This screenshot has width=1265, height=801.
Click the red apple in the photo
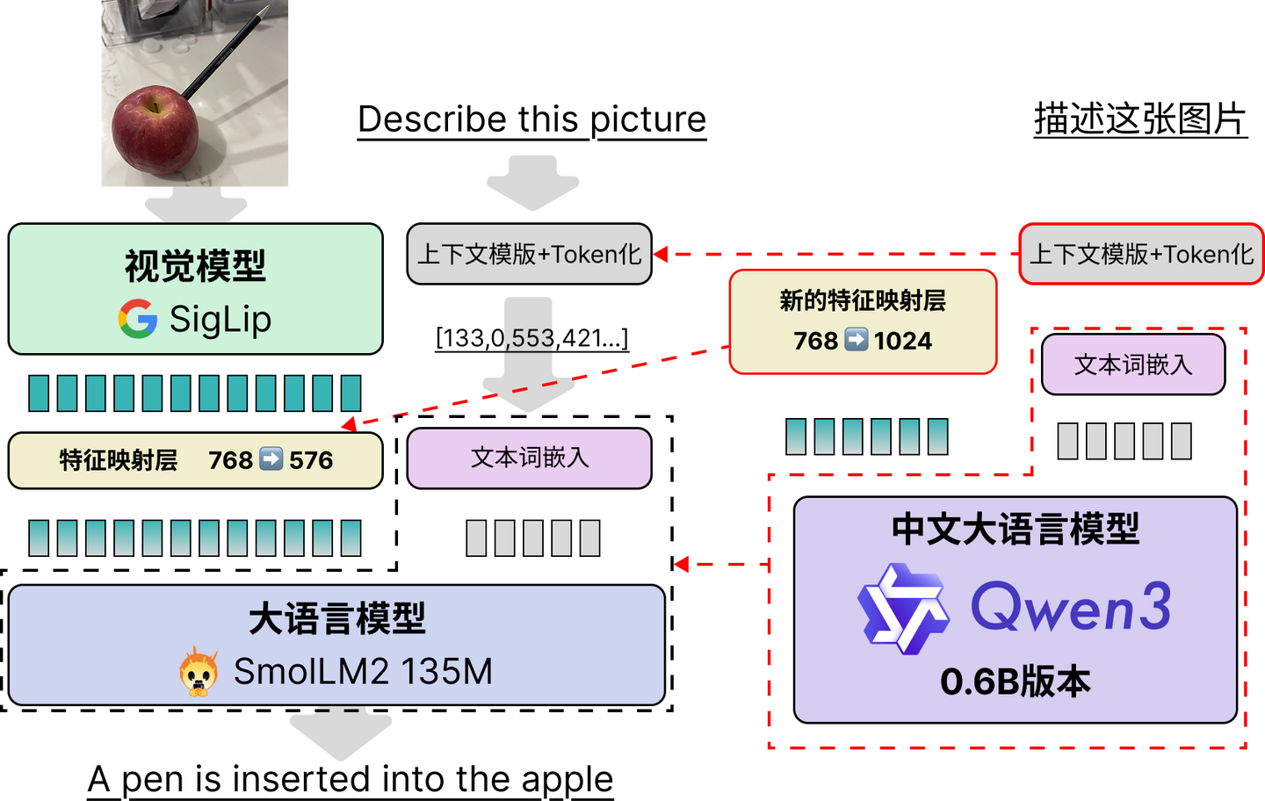point(155,130)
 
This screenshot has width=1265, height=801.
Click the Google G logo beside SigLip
point(138,319)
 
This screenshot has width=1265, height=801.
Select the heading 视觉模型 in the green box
point(195,266)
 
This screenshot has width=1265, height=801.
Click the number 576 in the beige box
point(311,460)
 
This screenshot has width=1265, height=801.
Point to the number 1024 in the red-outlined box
point(902,341)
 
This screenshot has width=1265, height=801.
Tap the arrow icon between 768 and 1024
point(857,340)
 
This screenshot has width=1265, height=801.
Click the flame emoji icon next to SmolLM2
point(199,672)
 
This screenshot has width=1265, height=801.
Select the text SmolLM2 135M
point(363,672)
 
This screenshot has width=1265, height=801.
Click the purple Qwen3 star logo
point(903,609)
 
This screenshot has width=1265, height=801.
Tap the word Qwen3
point(1071,607)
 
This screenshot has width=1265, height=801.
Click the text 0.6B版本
point(1016,682)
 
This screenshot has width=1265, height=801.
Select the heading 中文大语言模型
point(1016,530)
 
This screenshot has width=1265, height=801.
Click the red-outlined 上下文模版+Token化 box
point(1140,255)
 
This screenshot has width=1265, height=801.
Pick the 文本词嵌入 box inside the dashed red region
point(1133,364)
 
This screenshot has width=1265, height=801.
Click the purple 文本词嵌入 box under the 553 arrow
point(529,458)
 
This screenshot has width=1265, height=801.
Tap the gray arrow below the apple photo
point(196,206)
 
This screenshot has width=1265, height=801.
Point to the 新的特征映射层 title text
point(863,301)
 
